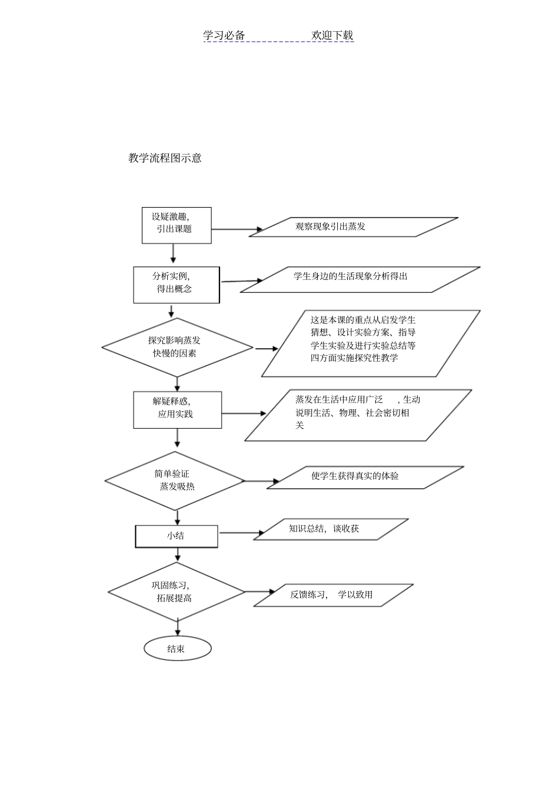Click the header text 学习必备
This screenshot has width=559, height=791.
pyautogui.click(x=224, y=35)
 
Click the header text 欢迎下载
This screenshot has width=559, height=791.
pyautogui.click(x=332, y=35)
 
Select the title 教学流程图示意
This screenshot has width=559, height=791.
pyautogui.click(x=165, y=158)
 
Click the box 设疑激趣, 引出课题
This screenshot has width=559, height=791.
pyautogui.click(x=177, y=225)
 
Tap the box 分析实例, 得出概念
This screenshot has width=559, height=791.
pyautogui.click(x=176, y=285)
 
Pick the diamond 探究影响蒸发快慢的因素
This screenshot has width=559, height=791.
pyautogui.click(x=177, y=347)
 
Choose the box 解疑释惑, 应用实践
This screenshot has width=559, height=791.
pyautogui.click(x=177, y=409)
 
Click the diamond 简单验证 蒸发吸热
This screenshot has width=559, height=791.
pyautogui.click(x=175, y=480)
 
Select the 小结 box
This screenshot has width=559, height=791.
pyautogui.click(x=177, y=536)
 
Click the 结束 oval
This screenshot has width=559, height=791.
pyautogui.click(x=177, y=649)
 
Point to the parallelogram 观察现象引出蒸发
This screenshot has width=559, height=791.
pyautogui.click(x=353, y=227)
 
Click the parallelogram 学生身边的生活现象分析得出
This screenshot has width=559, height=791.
pyautogui.click(x=360, y=279)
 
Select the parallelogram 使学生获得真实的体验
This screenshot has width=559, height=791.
pyautogui.click(x=365, y=477)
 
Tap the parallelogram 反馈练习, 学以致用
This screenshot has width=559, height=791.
pyautogui.click(x=333, y=595)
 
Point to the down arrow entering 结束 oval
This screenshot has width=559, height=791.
pyautogui.click(x=177, y=628)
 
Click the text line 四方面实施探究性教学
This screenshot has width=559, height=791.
pyautogui.click(x=354, y=358)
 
